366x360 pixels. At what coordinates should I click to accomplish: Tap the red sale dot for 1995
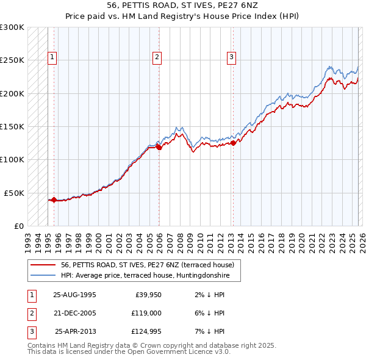pyautogui.click(x=54, y=200)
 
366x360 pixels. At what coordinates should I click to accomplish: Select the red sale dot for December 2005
pyautogui.click(x=159, y=147)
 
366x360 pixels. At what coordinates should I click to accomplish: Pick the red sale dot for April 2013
pyautogui.click(x=233, y=143)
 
